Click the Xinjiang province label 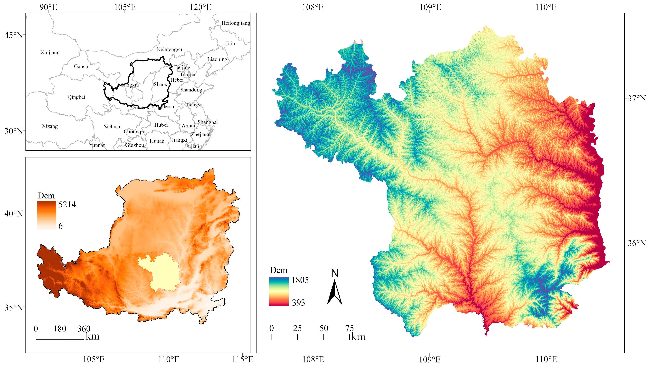click(50, 53)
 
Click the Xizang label click(50, 126)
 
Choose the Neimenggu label click(169, 49)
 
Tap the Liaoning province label click(217, 59)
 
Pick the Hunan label click(157, 141)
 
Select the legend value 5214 click(67, 204)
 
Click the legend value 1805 click(300, 280)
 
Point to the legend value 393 click(298, 303)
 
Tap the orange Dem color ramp click(47, 215)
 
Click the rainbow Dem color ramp click(279, 291)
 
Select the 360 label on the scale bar click(84, 329)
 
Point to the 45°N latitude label click(13, 35)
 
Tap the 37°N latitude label click(637, 98)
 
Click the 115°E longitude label click(242, 359)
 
